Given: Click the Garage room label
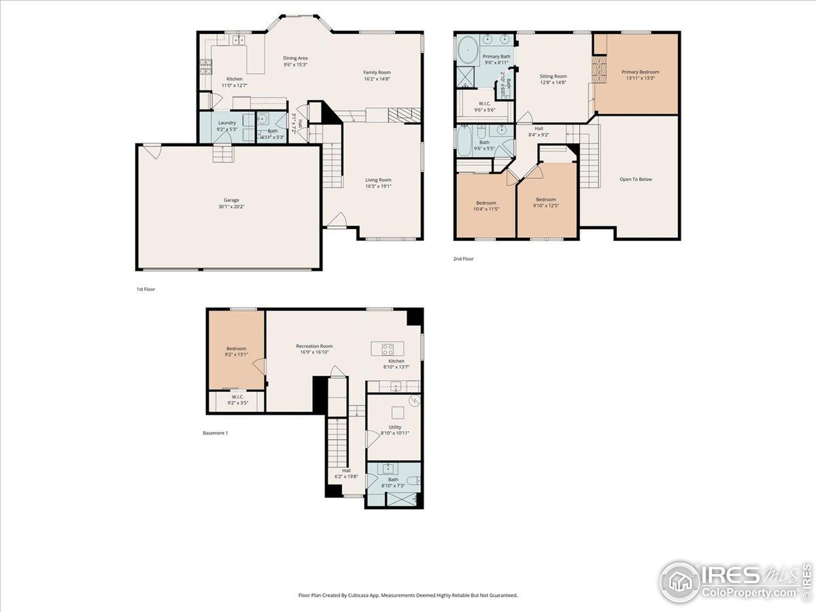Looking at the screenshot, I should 231,200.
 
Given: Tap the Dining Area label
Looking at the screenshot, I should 295,58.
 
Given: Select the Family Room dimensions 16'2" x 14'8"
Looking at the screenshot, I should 377,79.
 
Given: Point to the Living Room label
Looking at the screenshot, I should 378,180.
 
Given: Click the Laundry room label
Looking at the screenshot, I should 227,123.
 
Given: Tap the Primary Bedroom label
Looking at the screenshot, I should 640,72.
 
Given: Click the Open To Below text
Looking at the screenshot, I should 636,179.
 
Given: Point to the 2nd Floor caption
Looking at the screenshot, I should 463,259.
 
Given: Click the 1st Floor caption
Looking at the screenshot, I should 146,289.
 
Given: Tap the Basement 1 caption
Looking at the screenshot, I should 215,433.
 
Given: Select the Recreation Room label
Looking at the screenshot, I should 314,346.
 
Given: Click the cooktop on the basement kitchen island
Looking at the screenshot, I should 387,349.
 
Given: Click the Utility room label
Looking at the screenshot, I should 395,427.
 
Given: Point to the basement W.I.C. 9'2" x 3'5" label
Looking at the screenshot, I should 237,400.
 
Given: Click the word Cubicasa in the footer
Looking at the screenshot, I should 357,595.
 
